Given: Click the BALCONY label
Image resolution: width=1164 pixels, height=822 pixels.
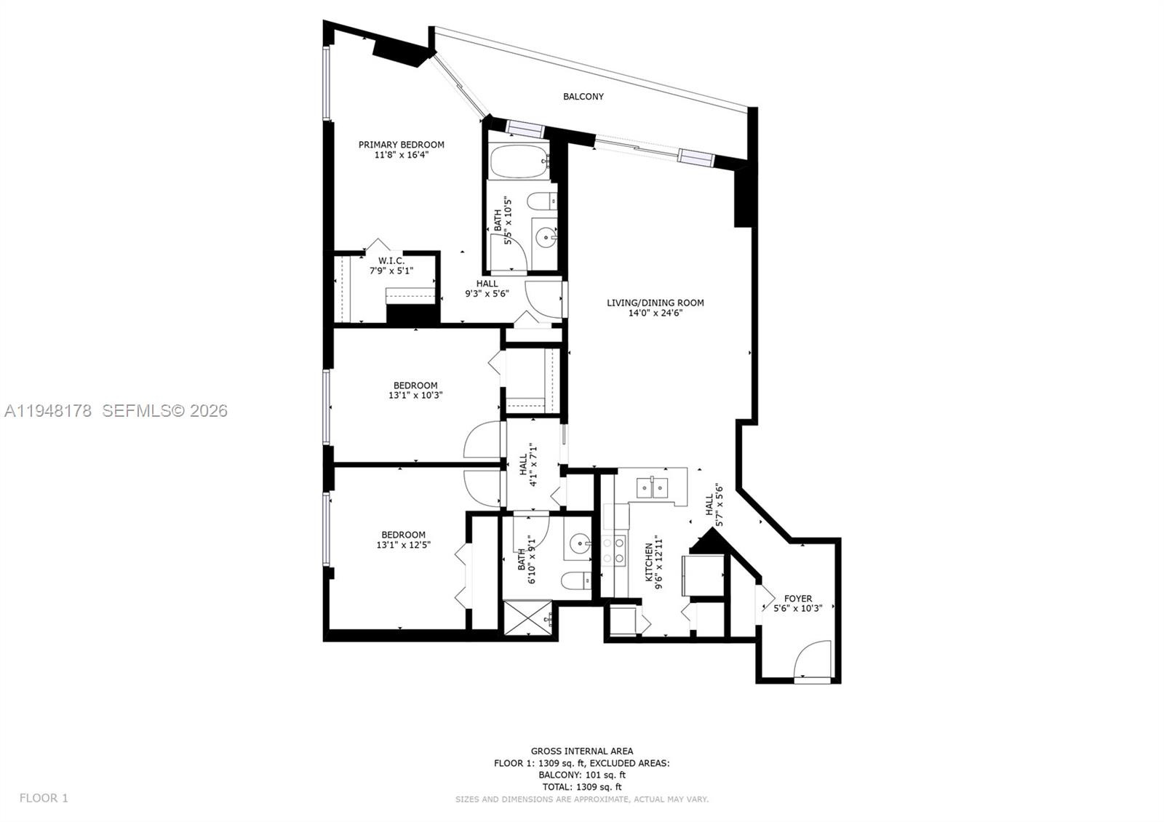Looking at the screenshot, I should (x=583, y=96).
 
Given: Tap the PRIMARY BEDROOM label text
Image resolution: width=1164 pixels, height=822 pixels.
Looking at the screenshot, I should (x=401, y=145).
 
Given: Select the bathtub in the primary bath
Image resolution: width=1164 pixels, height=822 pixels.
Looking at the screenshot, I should (x=518, y=162).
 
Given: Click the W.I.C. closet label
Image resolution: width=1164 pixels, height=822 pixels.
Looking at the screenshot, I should (x=391, y=260).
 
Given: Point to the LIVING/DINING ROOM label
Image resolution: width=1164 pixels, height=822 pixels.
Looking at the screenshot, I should (x=655, y=303).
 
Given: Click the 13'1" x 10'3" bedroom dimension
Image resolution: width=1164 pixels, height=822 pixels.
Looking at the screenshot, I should (x=415, y=395).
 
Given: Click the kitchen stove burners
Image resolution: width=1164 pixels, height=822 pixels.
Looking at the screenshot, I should (x=613, y=550).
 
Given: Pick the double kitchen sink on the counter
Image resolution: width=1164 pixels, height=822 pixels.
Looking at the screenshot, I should (x=652, y=487).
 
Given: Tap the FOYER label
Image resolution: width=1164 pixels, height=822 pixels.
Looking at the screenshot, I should (x=797, y=599).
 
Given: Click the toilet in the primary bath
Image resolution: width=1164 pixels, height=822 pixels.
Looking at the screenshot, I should (x=541, y=201).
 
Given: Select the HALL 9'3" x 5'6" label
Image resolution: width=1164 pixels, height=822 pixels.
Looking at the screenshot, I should (x=487, y=289).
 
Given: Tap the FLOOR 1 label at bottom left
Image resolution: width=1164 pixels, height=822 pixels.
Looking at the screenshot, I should (x=44, y=798).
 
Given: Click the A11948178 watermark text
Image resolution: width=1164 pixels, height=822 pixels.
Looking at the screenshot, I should (x=48, y=411).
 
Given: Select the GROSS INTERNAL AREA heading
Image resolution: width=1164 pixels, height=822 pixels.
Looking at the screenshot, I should (x=581, y=751).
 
